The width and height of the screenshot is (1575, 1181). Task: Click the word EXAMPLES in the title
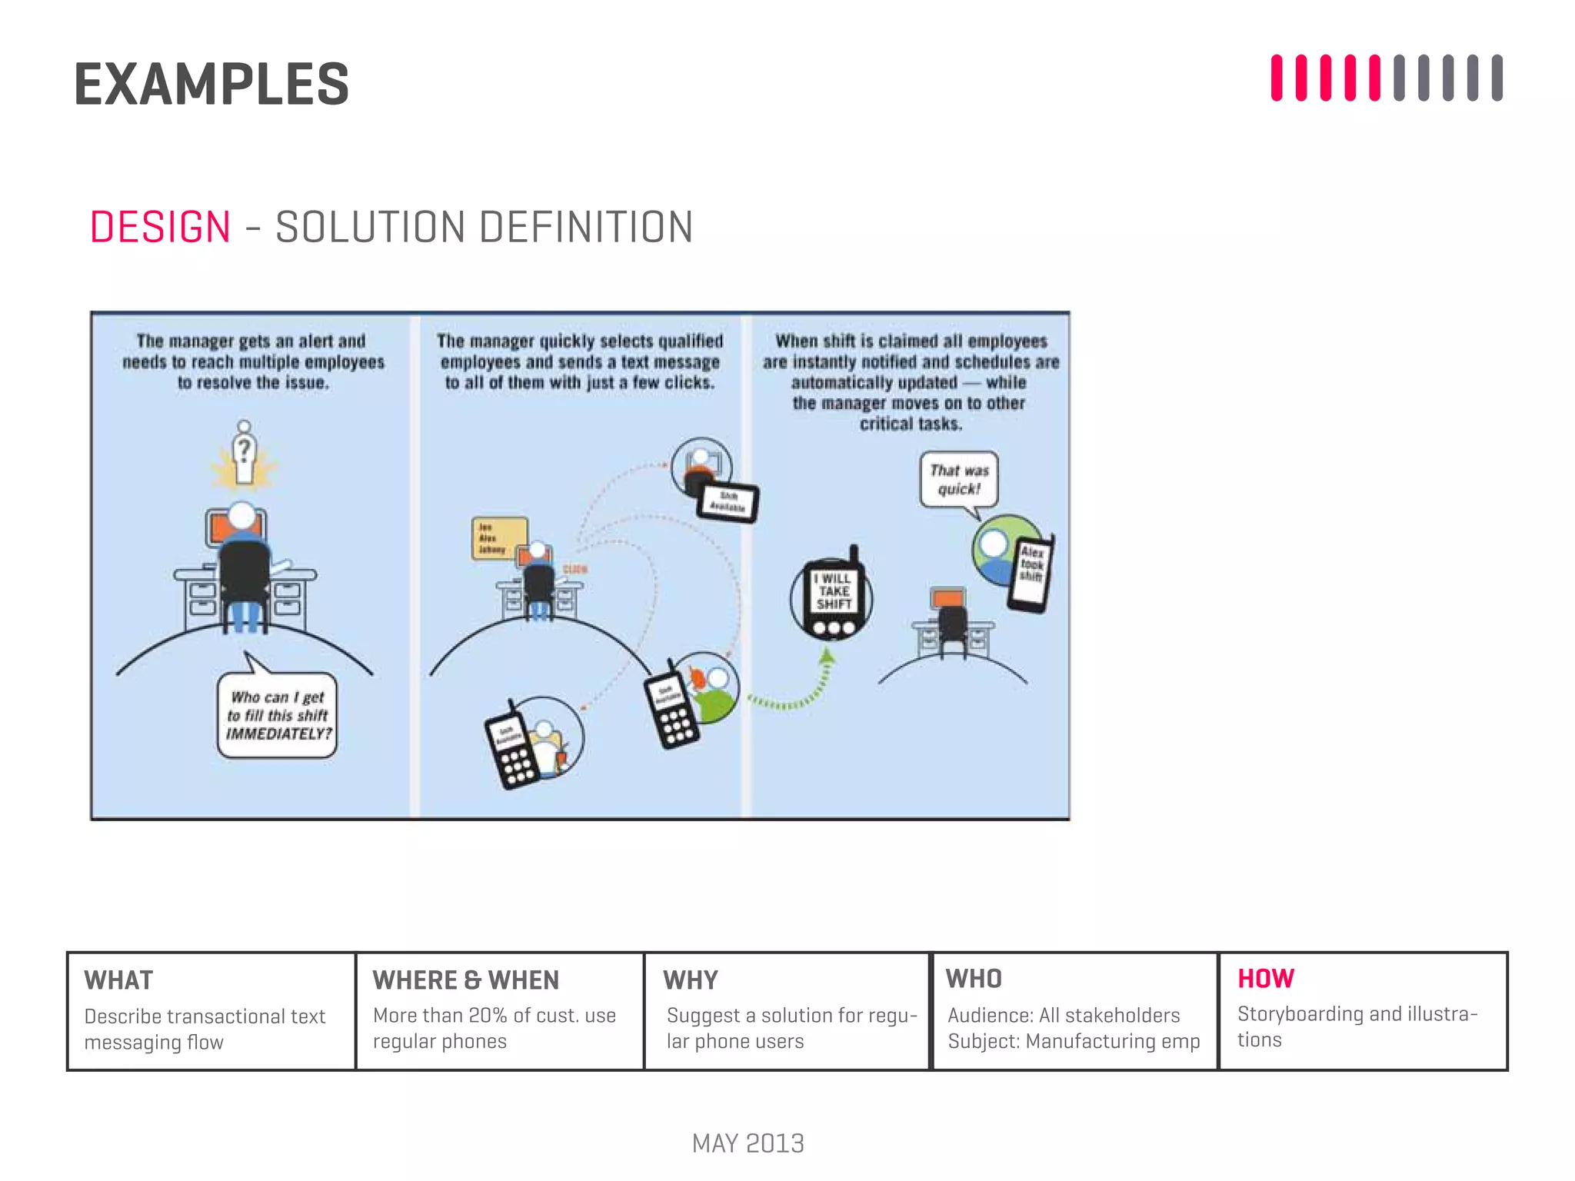click(211, 85)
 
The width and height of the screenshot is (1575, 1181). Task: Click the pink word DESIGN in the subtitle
click(160, 228)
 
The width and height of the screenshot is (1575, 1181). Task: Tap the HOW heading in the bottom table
click(1265, 978)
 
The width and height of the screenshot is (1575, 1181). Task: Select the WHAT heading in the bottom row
click(118, 980)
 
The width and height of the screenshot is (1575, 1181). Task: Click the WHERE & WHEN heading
click(465, 980)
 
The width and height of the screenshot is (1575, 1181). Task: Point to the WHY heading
click(690, 980)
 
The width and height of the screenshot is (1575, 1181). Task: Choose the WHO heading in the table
click(973, 979)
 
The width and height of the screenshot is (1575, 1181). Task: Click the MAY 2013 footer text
click(748, 1143)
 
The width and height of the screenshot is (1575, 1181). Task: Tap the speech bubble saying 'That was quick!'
click(958, 480)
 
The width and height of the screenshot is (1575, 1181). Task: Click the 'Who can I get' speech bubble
click(278, 716)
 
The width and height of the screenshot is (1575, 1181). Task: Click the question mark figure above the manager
click(244, 454)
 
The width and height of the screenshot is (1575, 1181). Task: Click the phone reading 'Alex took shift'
click(1031, 573)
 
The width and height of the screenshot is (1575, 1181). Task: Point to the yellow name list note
click(498, 537)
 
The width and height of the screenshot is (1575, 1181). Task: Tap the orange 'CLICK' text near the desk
click(575, 569)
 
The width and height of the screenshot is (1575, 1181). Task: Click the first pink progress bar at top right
click(1277, 78)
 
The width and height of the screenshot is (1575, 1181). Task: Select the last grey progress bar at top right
click(1497, 78)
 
